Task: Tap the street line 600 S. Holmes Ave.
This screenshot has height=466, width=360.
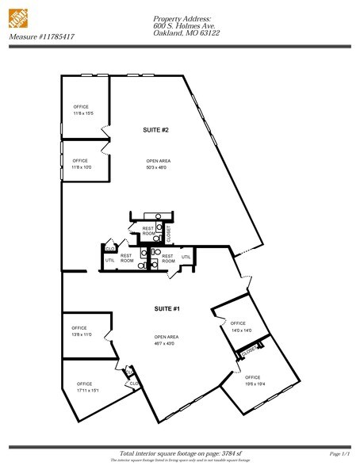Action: click(183, 25)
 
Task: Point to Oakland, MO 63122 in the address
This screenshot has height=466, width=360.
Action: click(186, 32)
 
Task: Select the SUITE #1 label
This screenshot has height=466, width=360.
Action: click(167, 307)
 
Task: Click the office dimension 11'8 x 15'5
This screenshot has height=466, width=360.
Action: click(82, 115)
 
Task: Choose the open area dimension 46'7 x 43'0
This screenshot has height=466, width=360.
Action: click(167, 344)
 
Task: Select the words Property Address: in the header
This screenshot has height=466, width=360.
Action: click(182, 17)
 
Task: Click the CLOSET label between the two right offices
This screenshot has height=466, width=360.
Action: click(250, 350)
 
